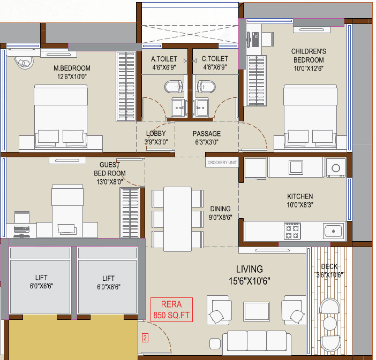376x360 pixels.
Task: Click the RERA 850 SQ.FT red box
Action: pos(171,310)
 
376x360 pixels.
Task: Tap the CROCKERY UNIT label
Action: pos(222,163)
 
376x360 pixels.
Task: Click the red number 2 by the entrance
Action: pos(145,338)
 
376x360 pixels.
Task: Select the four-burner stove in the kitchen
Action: pos(292,231)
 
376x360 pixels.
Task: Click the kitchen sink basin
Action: pos(333,231)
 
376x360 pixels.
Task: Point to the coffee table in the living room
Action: pos(257,311)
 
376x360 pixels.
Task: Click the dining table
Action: pos(177,219)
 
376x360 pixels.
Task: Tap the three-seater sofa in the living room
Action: pos(257,342)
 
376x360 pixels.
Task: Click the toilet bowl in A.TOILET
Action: pos(174,87)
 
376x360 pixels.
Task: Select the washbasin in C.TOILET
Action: pos(202,108)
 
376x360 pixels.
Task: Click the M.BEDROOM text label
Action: pos(72,68)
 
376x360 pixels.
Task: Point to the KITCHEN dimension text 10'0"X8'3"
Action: pos(300,205)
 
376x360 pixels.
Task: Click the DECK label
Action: pos(329,266)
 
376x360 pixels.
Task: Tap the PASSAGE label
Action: pos(207,134)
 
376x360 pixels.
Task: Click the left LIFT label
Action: pos(41,278)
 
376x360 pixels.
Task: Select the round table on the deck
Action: pos(330,323)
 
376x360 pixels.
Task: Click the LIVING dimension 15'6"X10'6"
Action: pos(250,281)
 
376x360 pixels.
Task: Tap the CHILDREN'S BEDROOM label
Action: pos(309,56)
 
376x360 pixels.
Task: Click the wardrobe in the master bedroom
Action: pos(126,86)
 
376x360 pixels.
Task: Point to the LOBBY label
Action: pos(156,133)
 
